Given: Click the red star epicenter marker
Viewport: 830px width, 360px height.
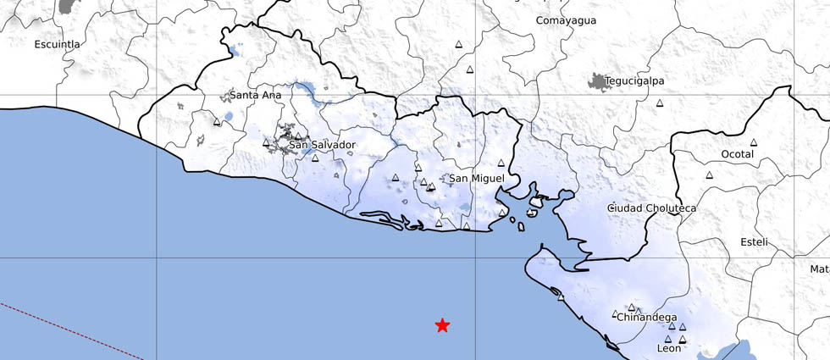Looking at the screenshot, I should (x=442, y=325).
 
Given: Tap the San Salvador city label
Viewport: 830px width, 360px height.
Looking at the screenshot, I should (x=322, y=145).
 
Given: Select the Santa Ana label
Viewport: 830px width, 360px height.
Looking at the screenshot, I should (x=255, y=96).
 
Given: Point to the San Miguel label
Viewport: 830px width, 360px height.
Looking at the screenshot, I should (x=476, y=178).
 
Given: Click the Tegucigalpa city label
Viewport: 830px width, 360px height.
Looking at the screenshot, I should (x=634, y=80).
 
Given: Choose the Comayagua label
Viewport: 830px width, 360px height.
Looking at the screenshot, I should (x=566, y=20).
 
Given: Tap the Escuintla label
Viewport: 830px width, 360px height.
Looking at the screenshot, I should (x=57, y=44).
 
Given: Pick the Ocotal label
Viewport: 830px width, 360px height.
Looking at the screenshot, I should (x=736, y=154).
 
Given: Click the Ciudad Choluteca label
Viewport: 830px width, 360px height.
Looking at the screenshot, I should (x=651, y=208).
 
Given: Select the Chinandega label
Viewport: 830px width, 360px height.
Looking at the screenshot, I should (x=646, y=318).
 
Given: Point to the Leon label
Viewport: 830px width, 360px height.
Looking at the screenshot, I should (x=669, y=348).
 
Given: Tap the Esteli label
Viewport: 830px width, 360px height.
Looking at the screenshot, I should (x=753, y=242).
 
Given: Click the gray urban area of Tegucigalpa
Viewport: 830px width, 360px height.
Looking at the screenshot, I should (x=600, y=82).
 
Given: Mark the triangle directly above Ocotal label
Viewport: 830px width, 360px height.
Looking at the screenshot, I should (x=753, y=141).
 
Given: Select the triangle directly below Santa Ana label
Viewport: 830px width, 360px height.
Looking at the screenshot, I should (x=217, y=123).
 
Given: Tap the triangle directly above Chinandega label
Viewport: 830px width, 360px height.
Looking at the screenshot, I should (x=631, y=307).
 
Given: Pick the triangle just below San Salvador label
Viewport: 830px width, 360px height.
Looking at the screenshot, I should (x=315, y=158).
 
